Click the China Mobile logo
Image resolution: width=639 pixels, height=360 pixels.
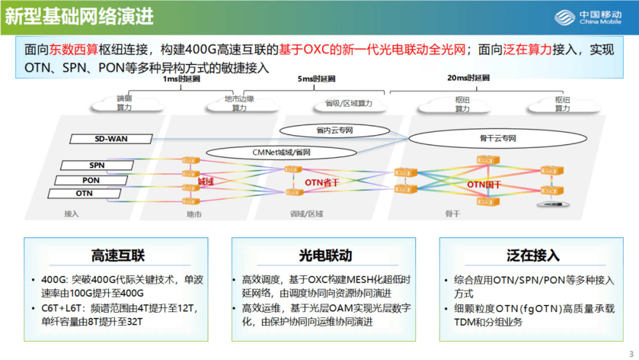[588, 17]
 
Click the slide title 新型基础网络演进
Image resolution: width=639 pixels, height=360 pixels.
[79, 17]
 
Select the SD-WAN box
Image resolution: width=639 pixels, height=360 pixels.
[111, 139]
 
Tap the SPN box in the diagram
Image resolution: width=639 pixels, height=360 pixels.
[97, 165]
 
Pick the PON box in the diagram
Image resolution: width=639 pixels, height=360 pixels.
[91, 180]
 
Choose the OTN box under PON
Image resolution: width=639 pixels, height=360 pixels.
[84, 193]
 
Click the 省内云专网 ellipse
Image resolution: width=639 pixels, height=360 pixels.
[334, 130]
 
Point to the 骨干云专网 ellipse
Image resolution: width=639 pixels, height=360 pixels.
[498, 139]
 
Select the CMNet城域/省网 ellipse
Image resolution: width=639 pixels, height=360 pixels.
[281, 152]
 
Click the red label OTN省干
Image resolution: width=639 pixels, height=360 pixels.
[322, 183]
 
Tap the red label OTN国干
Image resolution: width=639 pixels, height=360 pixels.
[484, 185]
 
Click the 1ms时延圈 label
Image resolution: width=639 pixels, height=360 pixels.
[181, 79]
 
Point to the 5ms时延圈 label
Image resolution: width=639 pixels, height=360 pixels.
[316, 79]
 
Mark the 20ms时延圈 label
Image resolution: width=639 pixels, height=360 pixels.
[468, 78]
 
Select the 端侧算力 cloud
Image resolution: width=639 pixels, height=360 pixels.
[124, 103]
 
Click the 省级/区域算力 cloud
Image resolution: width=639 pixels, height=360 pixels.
[349, 104]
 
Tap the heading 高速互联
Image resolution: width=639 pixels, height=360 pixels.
[118, 255]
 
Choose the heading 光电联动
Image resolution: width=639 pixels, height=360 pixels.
[325, 255]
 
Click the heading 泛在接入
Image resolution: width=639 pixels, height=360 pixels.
[533, 255]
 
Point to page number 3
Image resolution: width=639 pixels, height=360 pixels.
[631, 354]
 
